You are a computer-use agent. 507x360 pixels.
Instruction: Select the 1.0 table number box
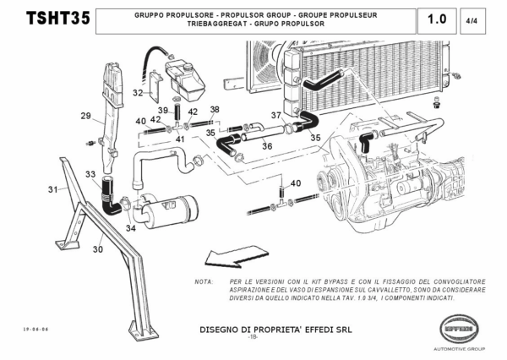pyautogui.click(x=438, y=19)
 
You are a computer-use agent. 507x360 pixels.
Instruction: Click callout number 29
pyautogui.click(x=85, y=116)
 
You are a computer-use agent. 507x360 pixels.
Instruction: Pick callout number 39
pyautogui.click(x=163, y=111)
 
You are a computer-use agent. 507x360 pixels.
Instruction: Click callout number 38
pyautogui.click(x=215, y=110)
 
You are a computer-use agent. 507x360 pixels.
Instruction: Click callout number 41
pyautogui.click(x=180, y=139)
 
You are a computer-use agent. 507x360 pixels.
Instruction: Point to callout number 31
pyautogui.click(x=53, y=188)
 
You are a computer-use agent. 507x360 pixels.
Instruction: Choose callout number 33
pyautogui.click(x=90, y=174)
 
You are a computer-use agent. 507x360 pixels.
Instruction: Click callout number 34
pyautogui.click(x=130, y=227)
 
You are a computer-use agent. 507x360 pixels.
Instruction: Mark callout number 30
pyautogui.click(x=97, y=249)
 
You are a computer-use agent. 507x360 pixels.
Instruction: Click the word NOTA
pyautogui.click(x=203, y=281)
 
